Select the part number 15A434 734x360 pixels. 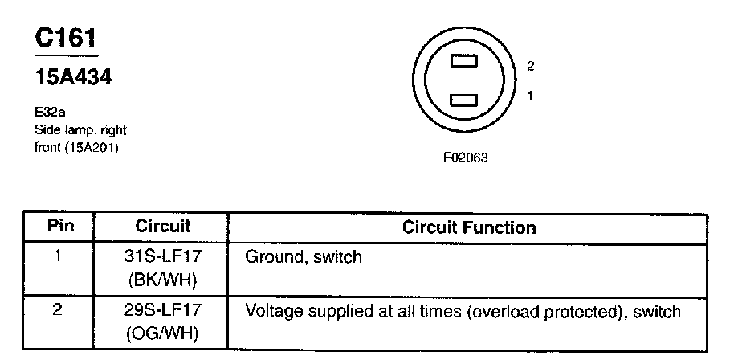[x=74, y=78]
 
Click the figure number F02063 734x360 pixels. [x=466, y=158]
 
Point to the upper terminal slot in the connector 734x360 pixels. [x=465, y=60]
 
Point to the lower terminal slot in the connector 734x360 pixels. [x=465, y=100]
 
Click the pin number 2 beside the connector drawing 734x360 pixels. [x=531, y=66]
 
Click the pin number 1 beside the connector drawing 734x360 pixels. [x=531, y=96]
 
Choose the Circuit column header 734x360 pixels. [x=163, y=226]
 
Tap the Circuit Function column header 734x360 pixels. [x=469, y=227]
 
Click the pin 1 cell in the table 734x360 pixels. [x=58, y=257]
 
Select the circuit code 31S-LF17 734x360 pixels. [x=163, y=257]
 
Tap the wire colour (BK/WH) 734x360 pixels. [x=163, y=280]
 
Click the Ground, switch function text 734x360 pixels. [x=304, y=257]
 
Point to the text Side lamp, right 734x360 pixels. [x=80, y=130]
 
